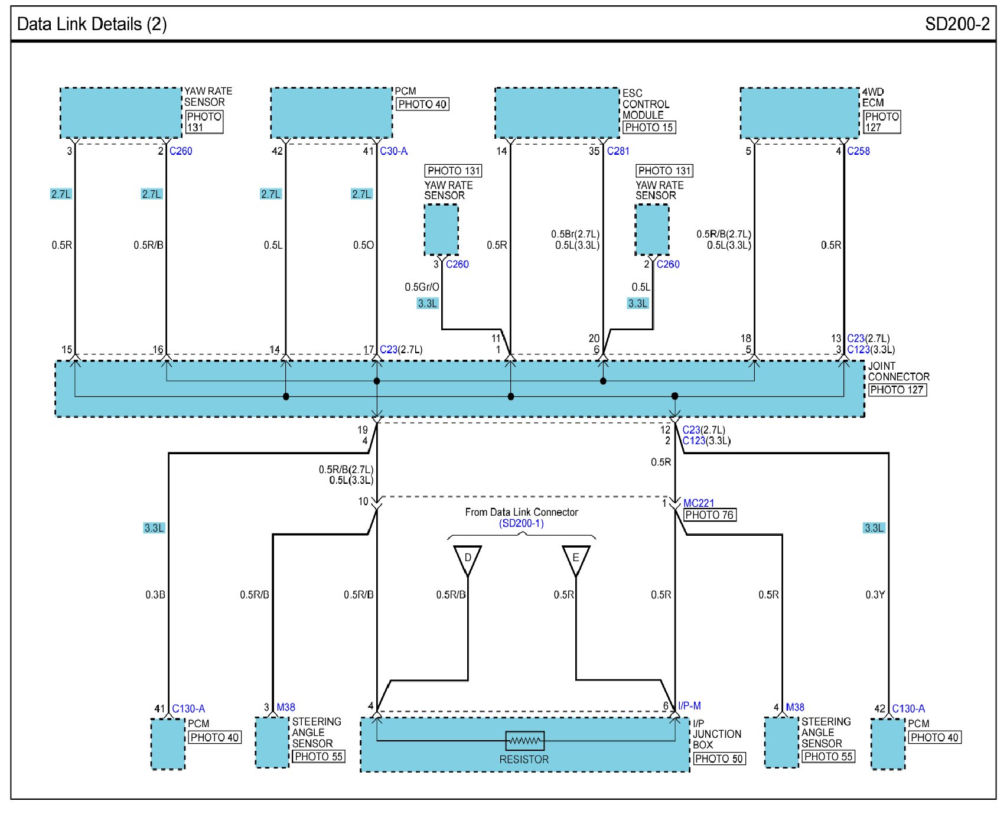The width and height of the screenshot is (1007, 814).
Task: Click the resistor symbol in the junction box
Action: [x=524, y=740]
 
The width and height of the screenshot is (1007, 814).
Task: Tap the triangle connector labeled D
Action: [x=467, y=559]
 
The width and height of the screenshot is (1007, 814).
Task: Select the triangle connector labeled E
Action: [x=576, y=559]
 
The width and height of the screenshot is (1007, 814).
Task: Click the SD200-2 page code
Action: [x=957, y=24]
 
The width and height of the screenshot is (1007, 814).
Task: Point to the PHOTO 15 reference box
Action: [x=649, y=127]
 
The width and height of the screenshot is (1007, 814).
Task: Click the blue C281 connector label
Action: [x=618, y=151]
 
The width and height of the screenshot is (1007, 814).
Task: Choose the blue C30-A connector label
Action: [x=394, y=151]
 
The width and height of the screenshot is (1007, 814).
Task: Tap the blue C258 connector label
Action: [x=858, y=151]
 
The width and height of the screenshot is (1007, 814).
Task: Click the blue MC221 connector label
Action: [x=699, y=503]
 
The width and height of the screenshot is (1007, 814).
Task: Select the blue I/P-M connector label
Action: [x=689, y=706]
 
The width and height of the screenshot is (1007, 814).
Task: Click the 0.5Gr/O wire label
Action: [x=422, y=287]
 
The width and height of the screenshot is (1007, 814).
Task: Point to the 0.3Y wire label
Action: [x=875, y=595]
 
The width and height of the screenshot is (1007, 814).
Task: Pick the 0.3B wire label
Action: [x=155, y=595]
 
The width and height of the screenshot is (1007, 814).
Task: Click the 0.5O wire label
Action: [x=363, y=245]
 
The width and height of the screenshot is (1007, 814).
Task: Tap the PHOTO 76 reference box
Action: [x=709, y=515]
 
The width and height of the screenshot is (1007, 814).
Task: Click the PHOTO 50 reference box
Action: [x=719, y=758]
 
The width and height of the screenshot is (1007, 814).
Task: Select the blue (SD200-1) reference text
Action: [x=522, y=523]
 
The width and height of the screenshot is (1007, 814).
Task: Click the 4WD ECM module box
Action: [x=800, y=113]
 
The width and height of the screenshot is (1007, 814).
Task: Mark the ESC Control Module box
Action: [x=557, y=113]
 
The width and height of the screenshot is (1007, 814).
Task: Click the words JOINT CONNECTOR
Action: [x=898, y=372]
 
